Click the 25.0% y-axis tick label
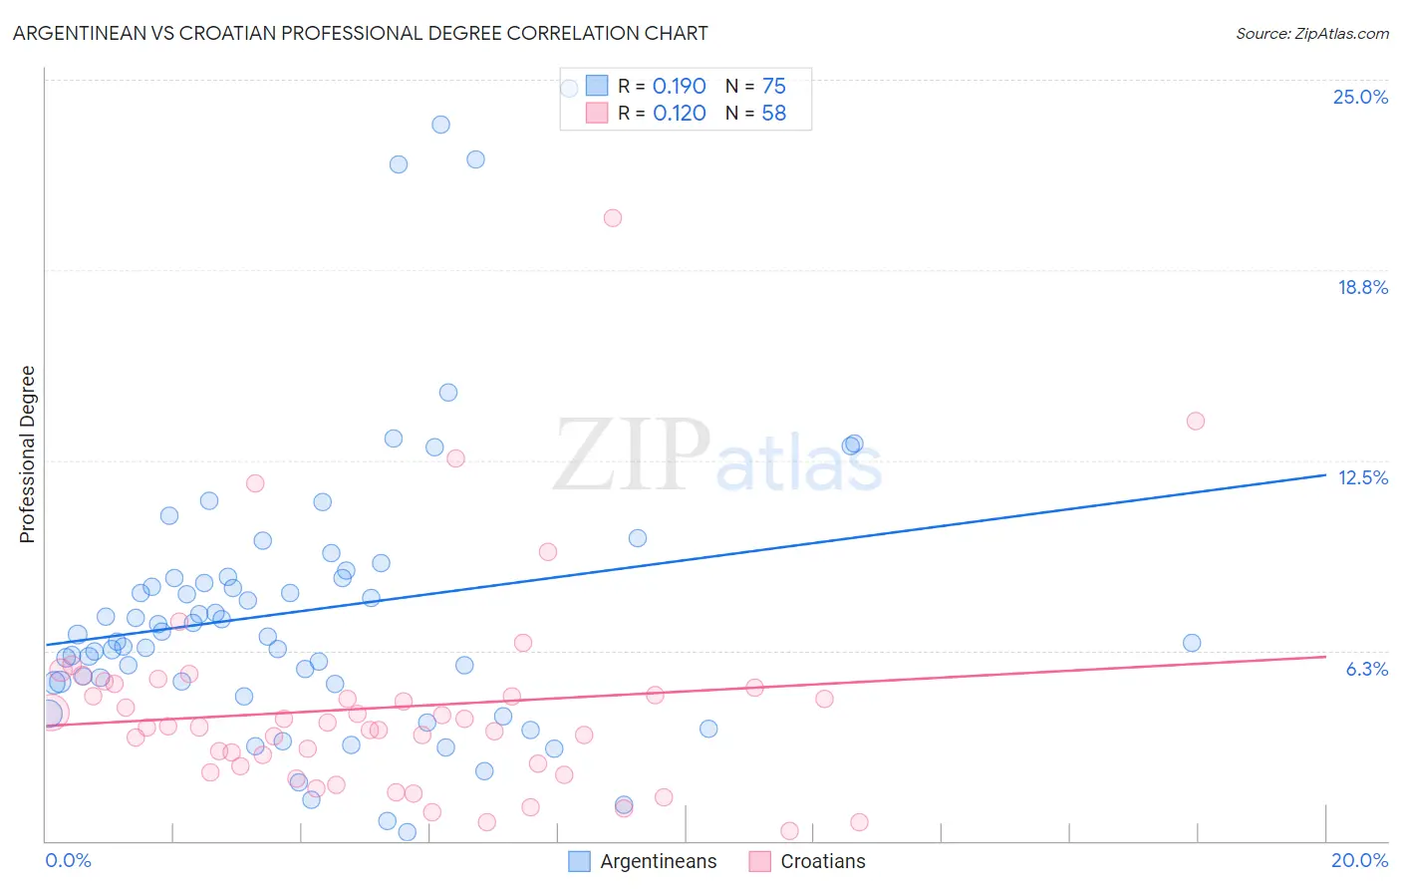[1360, 98]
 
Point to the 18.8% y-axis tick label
[1362, 288]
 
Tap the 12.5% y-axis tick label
[1362, 478]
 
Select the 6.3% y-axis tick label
[1366, 669]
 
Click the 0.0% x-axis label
[68, 860]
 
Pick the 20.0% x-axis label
[1359, 860]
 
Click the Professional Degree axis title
[27, 454]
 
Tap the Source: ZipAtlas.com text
[1311, 34]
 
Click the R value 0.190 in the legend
[679, 87]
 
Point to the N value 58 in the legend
[773, 114]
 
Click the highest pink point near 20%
[613, 218]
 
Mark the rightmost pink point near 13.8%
[1196, 421]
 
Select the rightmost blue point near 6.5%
[1192, 643]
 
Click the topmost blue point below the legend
[440, 125]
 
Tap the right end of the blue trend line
[1325, 475]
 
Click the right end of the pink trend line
[1325, 656]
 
